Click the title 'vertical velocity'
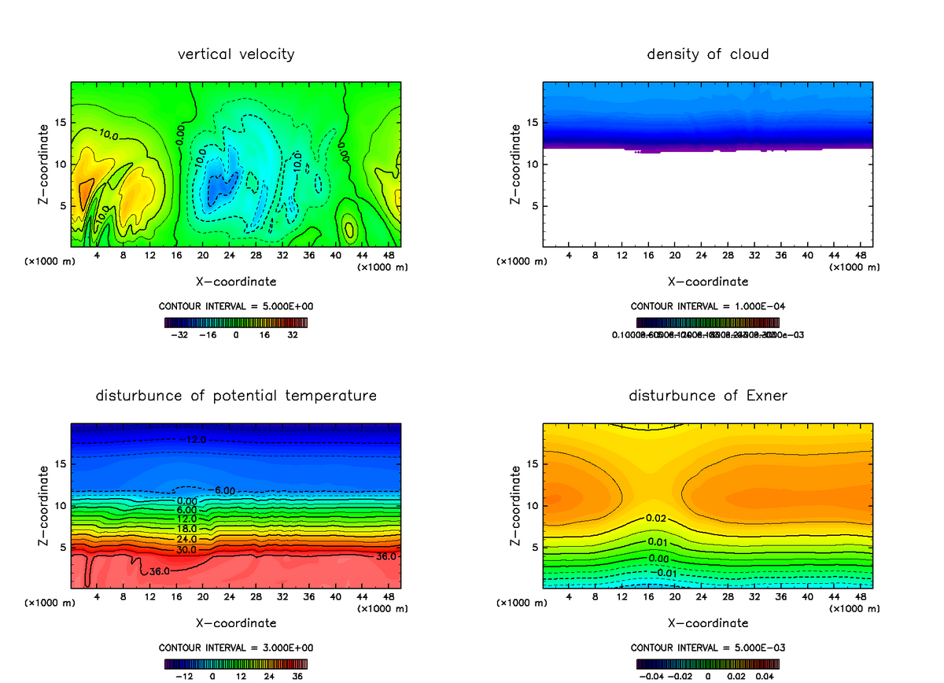236,54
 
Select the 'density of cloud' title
708,54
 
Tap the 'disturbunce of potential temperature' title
236,395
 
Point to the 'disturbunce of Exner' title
708,395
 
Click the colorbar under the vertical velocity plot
236,322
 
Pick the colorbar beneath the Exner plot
708,663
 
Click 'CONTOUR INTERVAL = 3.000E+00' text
236,648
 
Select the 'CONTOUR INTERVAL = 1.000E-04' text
708,306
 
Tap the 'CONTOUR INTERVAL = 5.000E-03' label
708,648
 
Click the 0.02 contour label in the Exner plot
657,518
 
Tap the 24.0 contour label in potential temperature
186,539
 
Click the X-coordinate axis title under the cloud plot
708,281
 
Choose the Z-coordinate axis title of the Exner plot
517,506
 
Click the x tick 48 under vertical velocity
388,255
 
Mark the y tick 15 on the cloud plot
533,123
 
